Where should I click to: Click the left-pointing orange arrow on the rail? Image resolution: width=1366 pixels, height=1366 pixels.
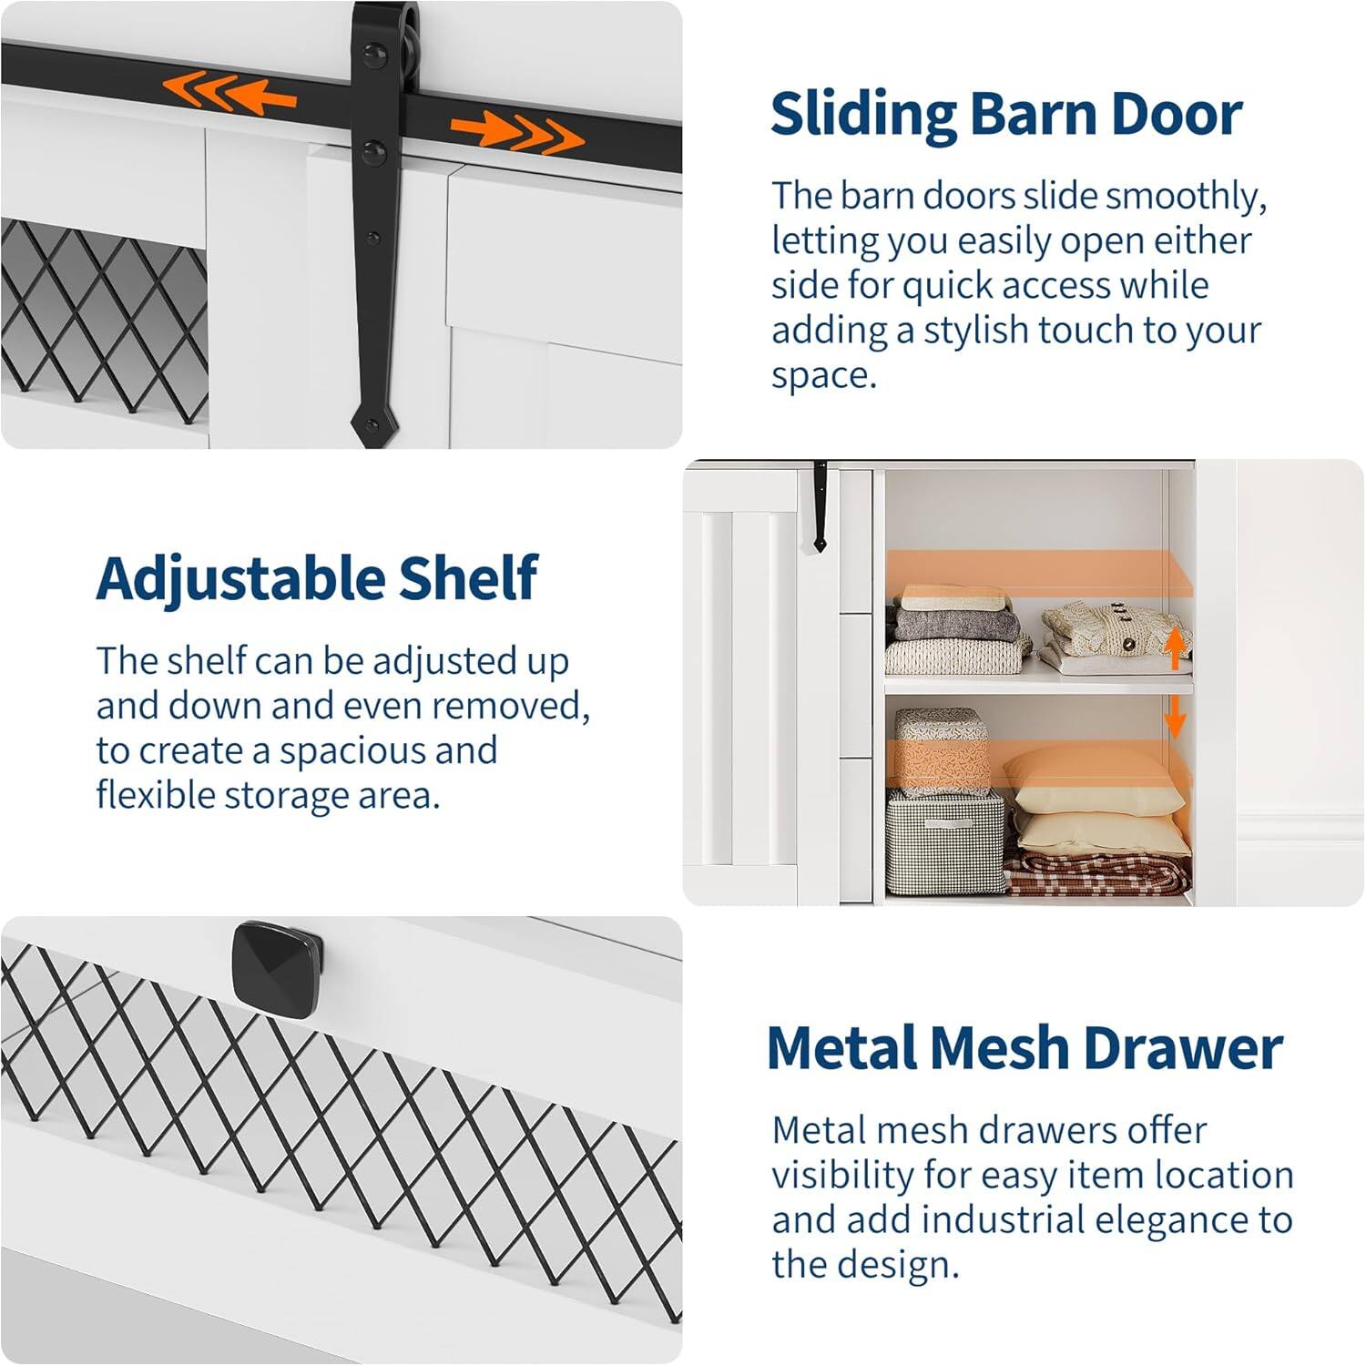pyautogui.click(x=229, y=93)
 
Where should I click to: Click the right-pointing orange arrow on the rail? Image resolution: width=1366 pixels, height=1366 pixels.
pyautogui.click(x=516, y=132)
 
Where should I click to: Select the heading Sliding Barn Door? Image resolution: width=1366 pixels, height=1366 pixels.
pyautogui.click(x=1006, y=114)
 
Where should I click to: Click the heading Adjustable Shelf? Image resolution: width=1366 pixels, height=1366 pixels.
pyautogui.click(x=317, y=578)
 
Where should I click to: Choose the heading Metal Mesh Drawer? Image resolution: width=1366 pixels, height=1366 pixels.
pyautogui.click(x=1024, y=1047)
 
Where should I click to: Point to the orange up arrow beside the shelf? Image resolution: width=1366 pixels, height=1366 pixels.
pyautogui.click(x=1175, y=647)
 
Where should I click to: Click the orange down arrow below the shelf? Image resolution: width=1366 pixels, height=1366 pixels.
pyautogui.click(x=1175, y=716)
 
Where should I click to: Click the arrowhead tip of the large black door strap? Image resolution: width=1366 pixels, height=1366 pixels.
pyautogui.click(x=371, y=428)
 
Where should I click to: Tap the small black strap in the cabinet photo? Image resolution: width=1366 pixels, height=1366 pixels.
pyautogui.click(x=820, y=510)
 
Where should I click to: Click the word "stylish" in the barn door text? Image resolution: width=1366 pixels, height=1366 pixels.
pyautogui.click(x=976, y=331)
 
